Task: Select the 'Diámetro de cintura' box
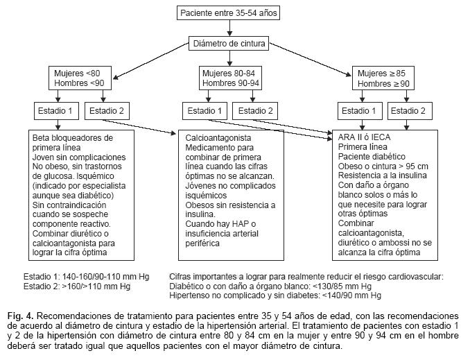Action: click(x=229, y=44)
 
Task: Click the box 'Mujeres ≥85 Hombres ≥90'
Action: click(x=383, y=78)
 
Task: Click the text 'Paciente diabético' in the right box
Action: click(x=372, y=157)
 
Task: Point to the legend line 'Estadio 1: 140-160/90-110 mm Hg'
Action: click(x=86, y=276)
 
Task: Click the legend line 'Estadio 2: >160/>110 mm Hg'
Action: click(x=76, y=286)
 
